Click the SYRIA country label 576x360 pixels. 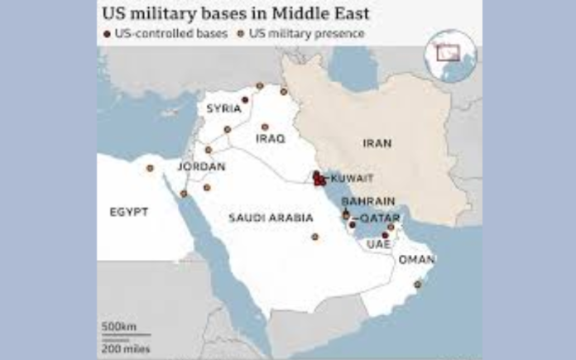coord(223,108)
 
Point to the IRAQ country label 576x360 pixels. coord(270,139)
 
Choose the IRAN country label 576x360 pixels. coord(377,143)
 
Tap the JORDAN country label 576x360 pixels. coord(201,167)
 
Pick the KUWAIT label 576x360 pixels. coord(351,178)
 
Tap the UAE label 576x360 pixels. coord(380,246)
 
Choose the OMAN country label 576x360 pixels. coord(416,259)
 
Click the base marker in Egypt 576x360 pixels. coord(150,168)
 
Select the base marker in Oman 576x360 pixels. coord(418,285)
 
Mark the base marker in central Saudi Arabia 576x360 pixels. coord(314,238)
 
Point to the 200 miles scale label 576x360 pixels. coord(120,347)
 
